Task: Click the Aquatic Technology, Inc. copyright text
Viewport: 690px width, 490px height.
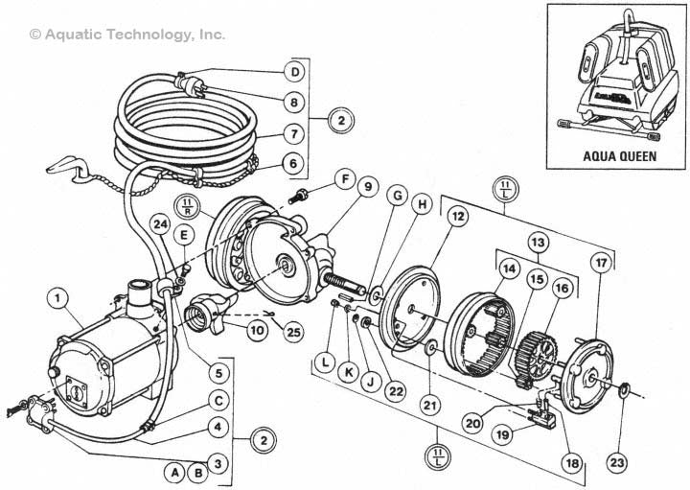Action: [127, 34]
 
